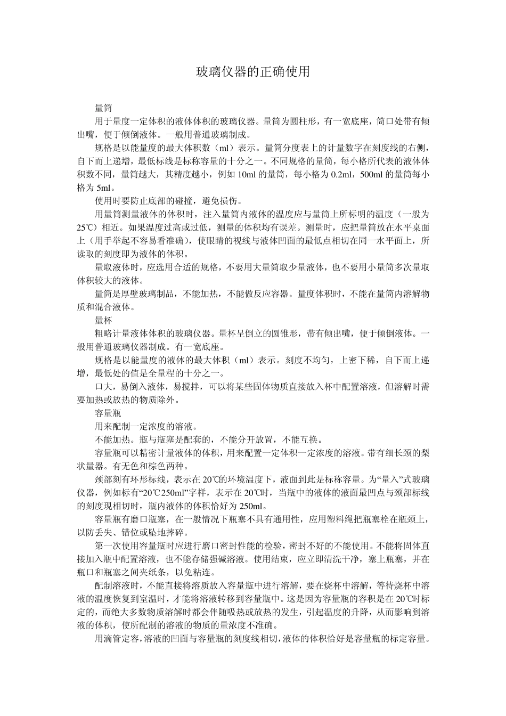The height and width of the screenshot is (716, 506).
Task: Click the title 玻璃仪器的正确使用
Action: pos(253,72)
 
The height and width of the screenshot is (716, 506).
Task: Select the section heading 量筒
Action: pos(103,108)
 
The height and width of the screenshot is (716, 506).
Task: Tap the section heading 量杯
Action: pos(103,320)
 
